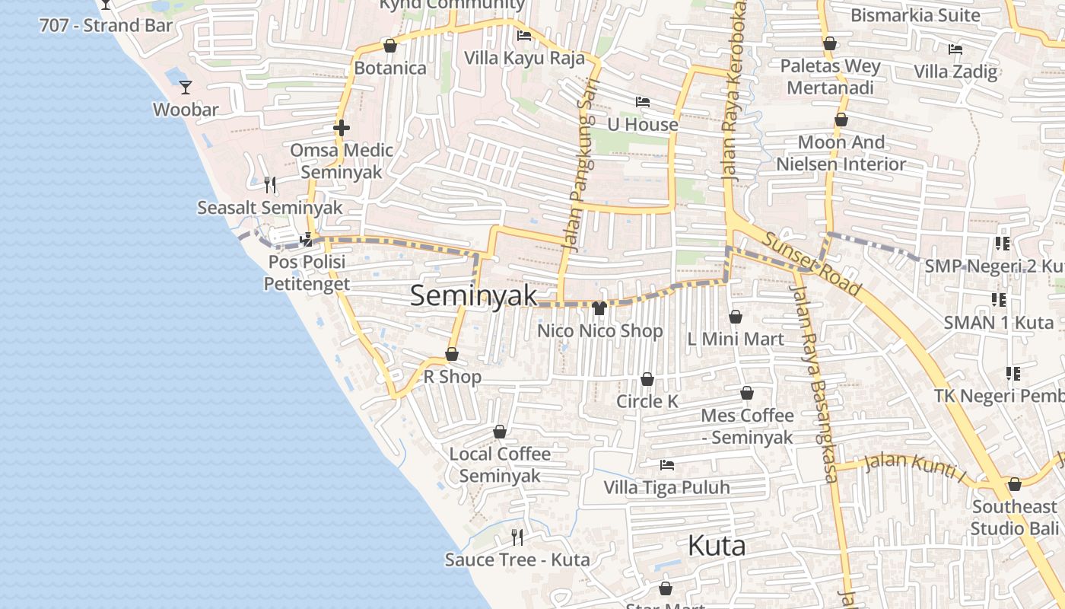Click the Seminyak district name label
473,295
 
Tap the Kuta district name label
717,546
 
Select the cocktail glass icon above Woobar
186,88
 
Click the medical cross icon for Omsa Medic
342,128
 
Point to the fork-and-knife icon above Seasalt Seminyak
269,184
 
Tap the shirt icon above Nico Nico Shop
599,308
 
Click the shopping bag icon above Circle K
647,379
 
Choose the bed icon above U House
643,101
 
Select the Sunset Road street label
812,263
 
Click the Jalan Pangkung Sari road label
578,173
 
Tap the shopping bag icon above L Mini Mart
736,316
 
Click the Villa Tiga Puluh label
666,487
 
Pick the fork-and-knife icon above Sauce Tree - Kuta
517,537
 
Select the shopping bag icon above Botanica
390,46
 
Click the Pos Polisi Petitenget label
307,273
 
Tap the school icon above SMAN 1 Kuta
998,300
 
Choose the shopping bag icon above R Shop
452,354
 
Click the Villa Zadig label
955,72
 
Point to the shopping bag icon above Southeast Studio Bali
1014,485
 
